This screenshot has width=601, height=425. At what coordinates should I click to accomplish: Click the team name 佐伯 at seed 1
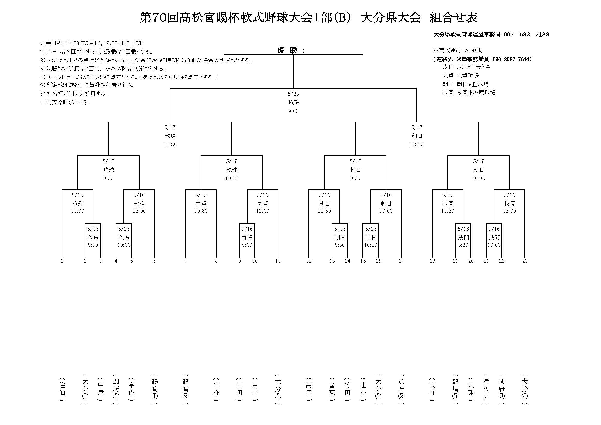[62, 389]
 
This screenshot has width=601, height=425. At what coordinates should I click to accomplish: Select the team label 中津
[101, 389]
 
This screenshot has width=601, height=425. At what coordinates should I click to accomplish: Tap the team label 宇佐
[131, 389]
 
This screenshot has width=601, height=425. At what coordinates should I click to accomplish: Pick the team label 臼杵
[216, 389]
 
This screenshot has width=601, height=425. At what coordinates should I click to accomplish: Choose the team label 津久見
[486, 389]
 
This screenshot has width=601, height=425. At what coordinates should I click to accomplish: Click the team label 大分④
[525, 389]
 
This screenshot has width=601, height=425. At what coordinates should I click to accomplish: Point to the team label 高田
[309, 389]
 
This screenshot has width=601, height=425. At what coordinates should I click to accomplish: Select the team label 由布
[255, 389]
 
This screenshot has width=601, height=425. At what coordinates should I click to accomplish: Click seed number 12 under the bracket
[309, 261]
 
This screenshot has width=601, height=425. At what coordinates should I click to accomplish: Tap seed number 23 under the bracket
[525, 261]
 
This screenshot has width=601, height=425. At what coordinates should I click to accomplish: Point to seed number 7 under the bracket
[185, 261]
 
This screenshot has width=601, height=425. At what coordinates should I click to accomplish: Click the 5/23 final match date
[294, 94]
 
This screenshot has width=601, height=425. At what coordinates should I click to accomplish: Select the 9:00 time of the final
[294, 111]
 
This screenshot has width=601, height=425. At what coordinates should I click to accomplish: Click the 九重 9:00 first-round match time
[247, 245]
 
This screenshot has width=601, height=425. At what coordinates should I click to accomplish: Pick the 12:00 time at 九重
[262, 211]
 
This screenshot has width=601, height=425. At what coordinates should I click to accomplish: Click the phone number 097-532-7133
[526, 34]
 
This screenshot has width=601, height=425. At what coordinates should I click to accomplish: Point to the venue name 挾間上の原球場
[476, 93]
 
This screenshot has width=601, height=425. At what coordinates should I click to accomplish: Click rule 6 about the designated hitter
[74, 94]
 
